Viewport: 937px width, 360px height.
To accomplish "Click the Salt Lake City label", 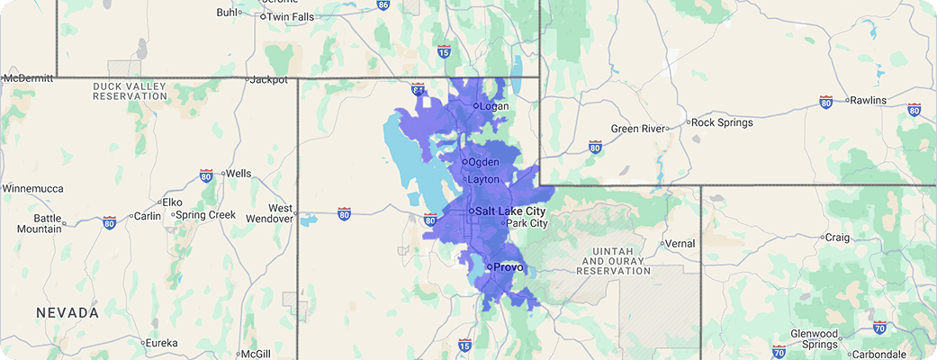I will (x=509, y=211).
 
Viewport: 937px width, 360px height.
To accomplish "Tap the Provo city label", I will (x=508, y=267).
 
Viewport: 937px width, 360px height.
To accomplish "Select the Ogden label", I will (x=482, y=162).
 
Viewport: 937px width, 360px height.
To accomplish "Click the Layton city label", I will (x=482, y=179).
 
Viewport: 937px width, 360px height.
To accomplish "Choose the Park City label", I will (x=527, y=223).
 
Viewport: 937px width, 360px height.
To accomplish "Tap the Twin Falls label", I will (x=291, y=16).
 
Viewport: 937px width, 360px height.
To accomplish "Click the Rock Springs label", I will (x=723, y=122).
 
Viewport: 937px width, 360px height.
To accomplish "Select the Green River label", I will (x=638, y=129).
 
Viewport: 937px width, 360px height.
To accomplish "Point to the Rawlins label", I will (x=868, y=100).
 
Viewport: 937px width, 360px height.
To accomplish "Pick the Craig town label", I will (x=837, y=238).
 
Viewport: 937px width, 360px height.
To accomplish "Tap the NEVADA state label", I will (x=68, y=312).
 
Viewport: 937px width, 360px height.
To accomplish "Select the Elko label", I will (x=171, y=202).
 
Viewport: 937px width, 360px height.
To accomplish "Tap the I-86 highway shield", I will (x=383, y=5).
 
